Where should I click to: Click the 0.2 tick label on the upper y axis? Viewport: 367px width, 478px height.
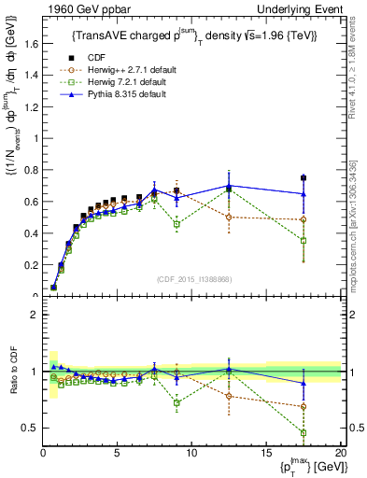(x=30, y=264)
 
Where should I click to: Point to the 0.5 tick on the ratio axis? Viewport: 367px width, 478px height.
(x=30, y=428)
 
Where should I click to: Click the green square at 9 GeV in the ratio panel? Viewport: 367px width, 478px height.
(x=176, y=402)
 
